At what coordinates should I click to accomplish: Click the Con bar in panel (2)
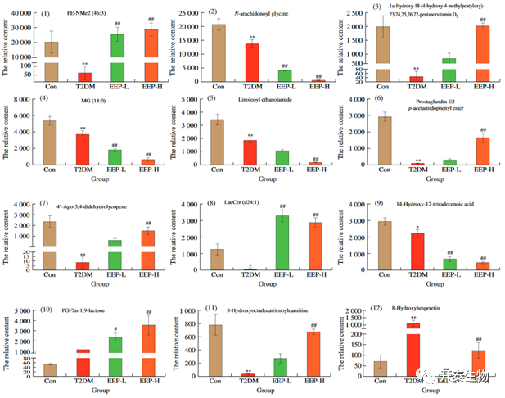(x=219, y=53)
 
